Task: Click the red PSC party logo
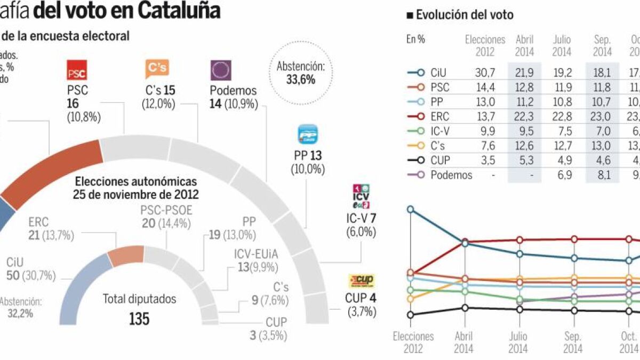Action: [x=76, y=70]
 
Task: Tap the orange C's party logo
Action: [x=157, y=69]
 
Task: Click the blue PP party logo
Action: [x=308, y=134]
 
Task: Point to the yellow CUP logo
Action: [x=362, y=281]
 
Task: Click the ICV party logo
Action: [x=361, y=197]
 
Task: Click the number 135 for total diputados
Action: [x=139, y=319]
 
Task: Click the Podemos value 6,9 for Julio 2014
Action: [x=562, y=174]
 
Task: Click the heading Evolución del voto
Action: [x=463, y=15]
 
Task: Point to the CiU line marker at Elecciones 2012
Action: [x=410, y=209]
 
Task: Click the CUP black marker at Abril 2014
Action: [x=465, y=308]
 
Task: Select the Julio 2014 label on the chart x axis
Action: [x=518, y=342]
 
